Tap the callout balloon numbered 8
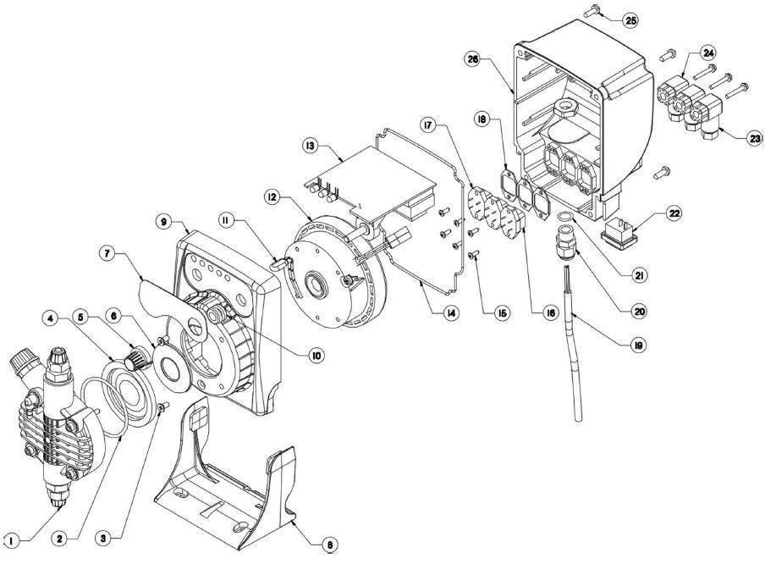click(x=327, y=545)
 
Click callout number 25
click(x=630, y=19)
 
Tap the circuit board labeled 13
click(x=381, y=178)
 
